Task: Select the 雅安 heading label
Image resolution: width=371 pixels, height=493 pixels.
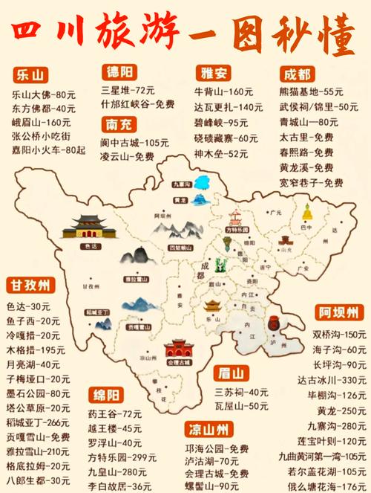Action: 214,73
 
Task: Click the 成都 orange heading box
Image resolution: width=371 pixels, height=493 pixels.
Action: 298,74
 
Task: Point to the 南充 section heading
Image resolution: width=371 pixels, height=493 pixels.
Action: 122,123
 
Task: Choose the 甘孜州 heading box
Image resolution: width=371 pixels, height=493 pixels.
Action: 30,286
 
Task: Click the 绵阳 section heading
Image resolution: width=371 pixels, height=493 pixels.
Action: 111,393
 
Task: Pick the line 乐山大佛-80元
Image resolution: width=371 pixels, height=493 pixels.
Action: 45,94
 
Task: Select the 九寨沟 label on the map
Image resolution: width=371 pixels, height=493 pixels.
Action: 180,183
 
